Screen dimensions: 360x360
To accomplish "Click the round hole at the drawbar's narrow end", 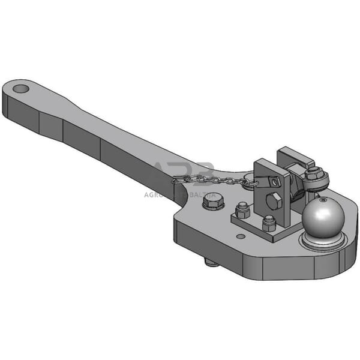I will pyautogui.click(x=21, y=89).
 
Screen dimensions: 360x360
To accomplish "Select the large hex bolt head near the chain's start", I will pyautogui.click(x=212, y=202).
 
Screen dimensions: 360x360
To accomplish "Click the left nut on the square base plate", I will pyautogui.click(x=242, y=210).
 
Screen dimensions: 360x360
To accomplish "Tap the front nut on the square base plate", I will pyautogui.click(x=269, y=223).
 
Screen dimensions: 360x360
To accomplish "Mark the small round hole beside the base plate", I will pyautogui.click(x=241, y=236).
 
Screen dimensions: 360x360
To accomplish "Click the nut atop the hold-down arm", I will pyautogui.click(x=313, y=173).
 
